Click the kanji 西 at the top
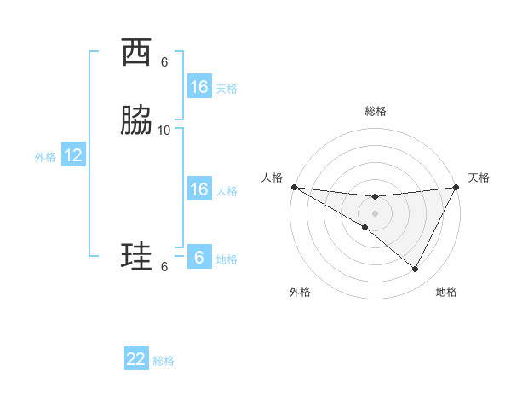point(137,53)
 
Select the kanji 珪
point(137,255)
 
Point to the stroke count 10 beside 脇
point(164,130)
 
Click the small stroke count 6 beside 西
point(164,61)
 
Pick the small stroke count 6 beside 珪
point(164,266)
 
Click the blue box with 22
point(136,359)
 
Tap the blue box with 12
point(73,155)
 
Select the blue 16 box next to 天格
point(199,87)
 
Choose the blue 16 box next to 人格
point(199,189)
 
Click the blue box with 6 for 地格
point(199,258)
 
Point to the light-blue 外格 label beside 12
point(45,157)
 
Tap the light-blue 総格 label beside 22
point(164,361)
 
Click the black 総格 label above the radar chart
point(375,111)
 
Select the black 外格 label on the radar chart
point(300,292)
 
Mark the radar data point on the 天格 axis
point(456,187)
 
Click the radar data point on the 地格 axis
point(415,270)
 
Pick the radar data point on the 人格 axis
point(294,187)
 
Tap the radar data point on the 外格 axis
point(365,227)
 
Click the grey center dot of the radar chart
point(375,212)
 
